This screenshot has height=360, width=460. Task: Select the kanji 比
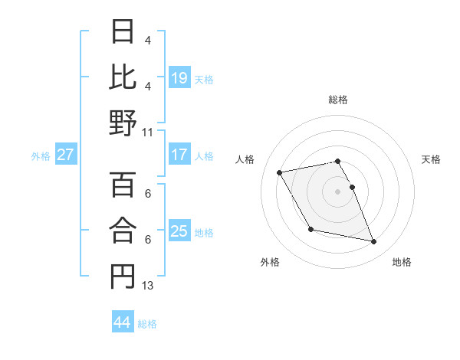(x=122, y=77)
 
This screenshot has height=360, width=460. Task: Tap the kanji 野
(x=122, y=123)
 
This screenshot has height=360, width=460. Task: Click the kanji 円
(x=122, y=277)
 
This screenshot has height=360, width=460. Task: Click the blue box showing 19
(x=179, y=78)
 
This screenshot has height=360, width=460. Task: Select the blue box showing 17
(x=179, y=155)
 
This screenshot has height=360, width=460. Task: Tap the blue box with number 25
(x=179, y=231)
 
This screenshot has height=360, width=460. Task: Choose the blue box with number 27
(x=66, y=155)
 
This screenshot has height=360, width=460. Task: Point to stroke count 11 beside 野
(x=148, y=133)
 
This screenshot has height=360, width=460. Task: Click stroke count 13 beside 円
(x=148, y=286)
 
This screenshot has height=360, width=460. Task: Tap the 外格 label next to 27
(x=41, y=155)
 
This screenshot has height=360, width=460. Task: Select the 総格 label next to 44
(x=147, y=324)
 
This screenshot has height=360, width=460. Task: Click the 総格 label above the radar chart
(x=338, y=100)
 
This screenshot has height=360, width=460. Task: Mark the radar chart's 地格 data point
(x=374, y=242)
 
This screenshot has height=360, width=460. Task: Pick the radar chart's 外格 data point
(x=310, y=230)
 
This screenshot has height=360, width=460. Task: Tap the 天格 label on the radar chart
(x=432, y=159)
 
